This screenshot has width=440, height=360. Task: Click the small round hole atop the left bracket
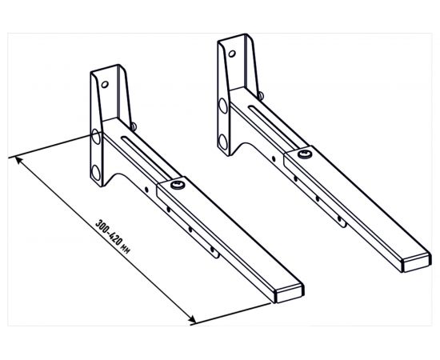[105, 84]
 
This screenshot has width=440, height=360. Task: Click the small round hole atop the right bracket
[232, 54]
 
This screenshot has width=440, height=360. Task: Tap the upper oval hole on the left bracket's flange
[96, 137]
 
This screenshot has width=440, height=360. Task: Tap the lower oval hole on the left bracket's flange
[96, 173]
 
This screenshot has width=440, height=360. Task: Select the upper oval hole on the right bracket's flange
[223, 106]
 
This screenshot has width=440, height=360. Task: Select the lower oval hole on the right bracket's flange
[223, 142]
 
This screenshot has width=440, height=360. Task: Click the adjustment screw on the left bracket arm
[178, 185]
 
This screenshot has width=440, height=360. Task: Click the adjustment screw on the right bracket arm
[305, 154]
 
